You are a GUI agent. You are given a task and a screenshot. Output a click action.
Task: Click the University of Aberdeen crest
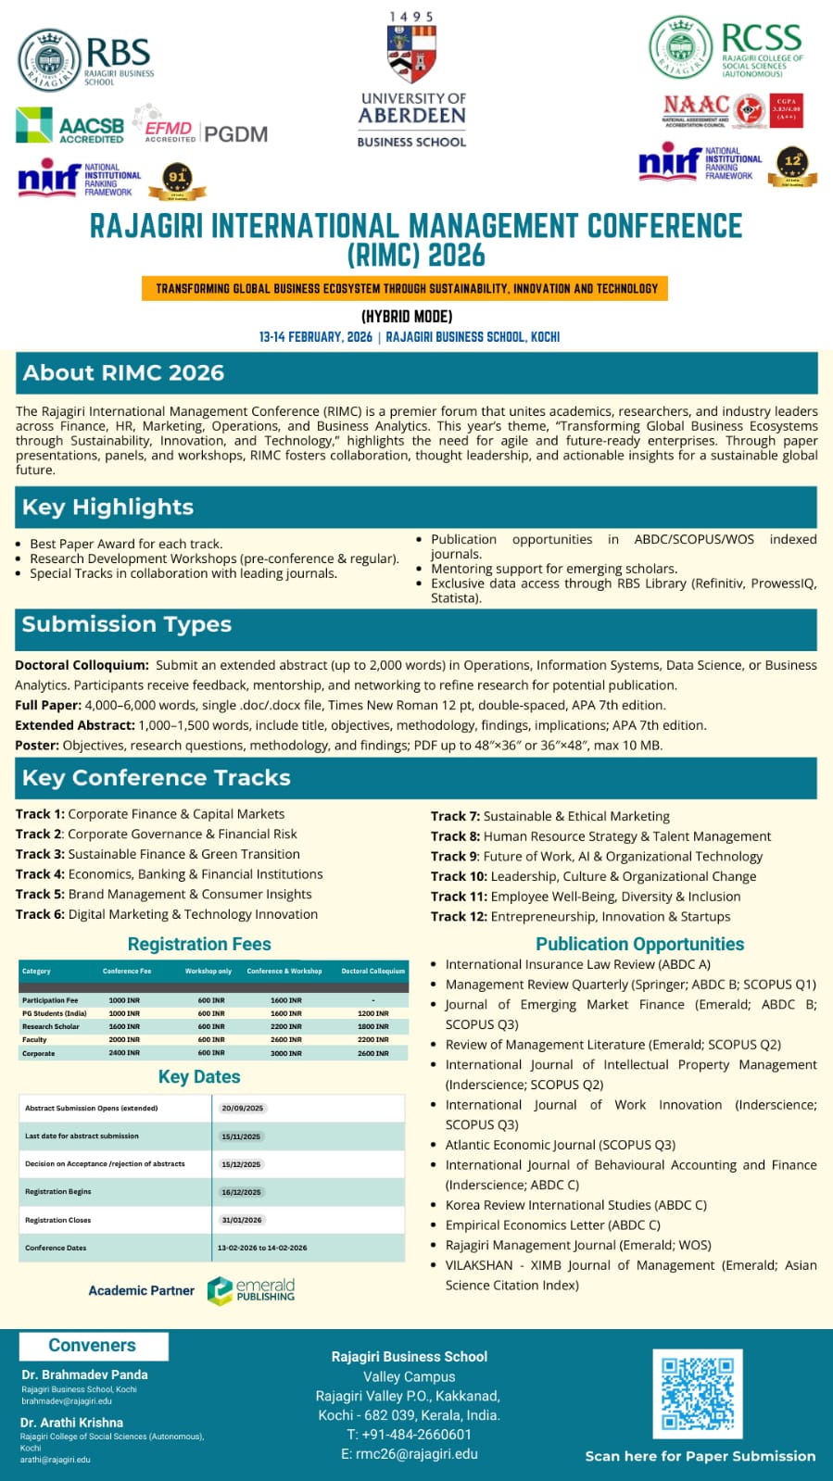tap(411, 55)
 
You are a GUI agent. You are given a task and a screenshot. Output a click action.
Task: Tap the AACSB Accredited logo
tap(70, 127)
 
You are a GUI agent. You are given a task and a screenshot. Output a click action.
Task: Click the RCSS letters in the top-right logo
tap(761, 38)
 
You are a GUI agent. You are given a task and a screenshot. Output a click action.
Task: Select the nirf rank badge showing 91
tap(177, 179)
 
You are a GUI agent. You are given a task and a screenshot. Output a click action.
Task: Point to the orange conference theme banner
tap(405, 289)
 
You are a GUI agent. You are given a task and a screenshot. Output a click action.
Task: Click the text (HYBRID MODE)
tap(407, 316)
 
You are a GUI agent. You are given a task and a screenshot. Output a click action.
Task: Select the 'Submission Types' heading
tap(127, 624)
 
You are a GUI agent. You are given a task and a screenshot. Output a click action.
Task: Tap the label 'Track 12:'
tap(459, 916)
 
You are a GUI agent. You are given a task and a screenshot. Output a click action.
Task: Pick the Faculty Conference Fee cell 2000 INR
tap(124, 1040)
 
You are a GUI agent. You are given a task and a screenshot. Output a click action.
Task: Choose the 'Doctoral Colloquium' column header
tap(372, 971)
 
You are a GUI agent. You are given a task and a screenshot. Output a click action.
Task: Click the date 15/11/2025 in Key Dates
tap(241, 1136)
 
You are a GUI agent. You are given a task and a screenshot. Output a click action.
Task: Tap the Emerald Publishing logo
tap(251, 1290)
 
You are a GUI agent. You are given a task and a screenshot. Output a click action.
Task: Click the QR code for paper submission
tap(697, 1393)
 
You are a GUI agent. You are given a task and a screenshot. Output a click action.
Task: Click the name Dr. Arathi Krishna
tap(71, 1423)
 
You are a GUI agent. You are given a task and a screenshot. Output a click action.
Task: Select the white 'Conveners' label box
tap(93, 1346)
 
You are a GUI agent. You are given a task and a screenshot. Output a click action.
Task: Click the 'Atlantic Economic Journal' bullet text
tap(560, 1145)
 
